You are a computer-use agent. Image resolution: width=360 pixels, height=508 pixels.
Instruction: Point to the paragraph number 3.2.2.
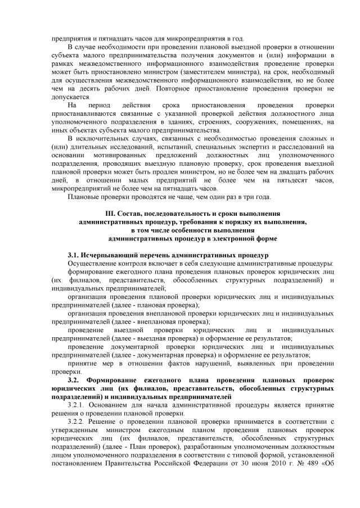[76, 421]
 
